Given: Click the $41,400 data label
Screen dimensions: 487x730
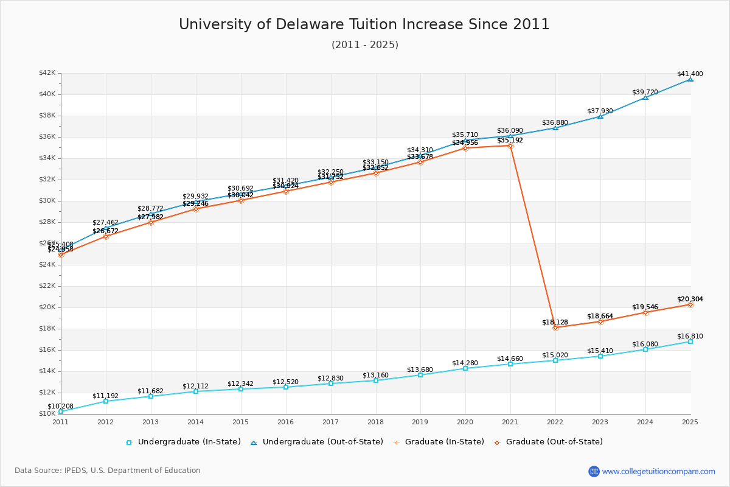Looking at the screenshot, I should (x=690, y=74).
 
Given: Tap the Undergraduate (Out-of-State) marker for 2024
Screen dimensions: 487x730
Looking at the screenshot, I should (x=645, y=97).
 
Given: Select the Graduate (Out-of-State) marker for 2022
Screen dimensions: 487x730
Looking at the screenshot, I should (x=555, y=328).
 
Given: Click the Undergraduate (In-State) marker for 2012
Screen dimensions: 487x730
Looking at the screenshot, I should (x=106, y=401).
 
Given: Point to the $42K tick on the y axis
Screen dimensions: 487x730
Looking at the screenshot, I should (x=47, y=73).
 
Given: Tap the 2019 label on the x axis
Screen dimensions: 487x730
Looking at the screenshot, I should (x=420, y=421).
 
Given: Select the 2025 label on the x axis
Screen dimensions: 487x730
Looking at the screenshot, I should (x=690, y=421).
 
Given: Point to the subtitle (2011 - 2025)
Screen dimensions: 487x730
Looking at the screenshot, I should (x=364, y=44).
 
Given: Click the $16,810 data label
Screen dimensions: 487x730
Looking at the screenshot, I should (x=690, y=336).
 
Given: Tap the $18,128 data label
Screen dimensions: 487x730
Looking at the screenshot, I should (x=555, y=322).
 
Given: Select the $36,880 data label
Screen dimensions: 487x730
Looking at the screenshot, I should (x=555, y=122).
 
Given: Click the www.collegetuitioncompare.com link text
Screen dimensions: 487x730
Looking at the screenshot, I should (x=658, y=471).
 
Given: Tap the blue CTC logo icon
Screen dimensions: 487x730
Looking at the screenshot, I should (x=594, y=471).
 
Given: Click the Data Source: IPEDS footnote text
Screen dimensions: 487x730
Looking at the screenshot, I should (x=108, y=471).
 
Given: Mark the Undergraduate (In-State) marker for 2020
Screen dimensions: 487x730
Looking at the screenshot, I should (x=465, y=368).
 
